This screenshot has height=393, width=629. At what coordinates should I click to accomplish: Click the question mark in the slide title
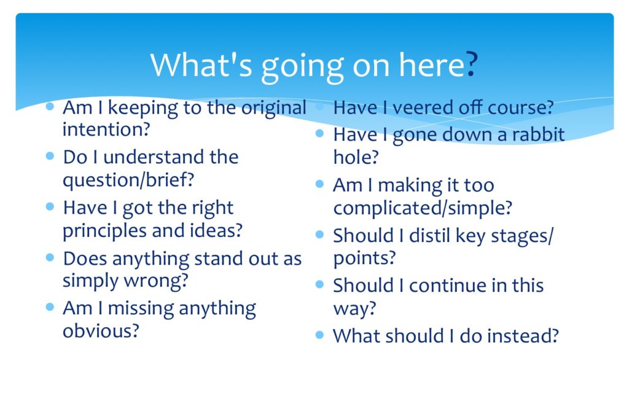tap(472, 64)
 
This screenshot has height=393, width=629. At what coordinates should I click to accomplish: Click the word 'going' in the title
tap(302, 68)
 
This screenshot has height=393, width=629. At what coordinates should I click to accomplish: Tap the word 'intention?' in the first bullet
tap(106, 129)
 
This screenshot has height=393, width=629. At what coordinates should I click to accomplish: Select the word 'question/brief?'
tap(128, 180)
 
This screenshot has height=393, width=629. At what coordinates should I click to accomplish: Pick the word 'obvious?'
tap(101, 331)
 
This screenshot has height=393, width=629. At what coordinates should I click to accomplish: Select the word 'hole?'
tap(356, 157)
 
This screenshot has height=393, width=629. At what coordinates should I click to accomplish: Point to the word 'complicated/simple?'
tap(423, 208)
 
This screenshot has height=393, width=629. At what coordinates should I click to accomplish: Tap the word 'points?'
tap(365, 259)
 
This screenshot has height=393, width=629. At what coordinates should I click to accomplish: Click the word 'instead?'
tap(523, 336)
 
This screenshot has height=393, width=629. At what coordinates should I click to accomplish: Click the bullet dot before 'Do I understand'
tap(50, 156)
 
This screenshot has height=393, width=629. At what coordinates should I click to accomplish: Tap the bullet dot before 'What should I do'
tap(319, 335)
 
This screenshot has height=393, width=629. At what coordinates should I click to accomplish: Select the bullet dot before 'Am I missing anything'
tap(50, 307)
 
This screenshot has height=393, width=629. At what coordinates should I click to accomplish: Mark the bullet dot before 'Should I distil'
tap(319, 234)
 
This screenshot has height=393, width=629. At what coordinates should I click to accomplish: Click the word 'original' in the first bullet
tap(273, 108)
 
